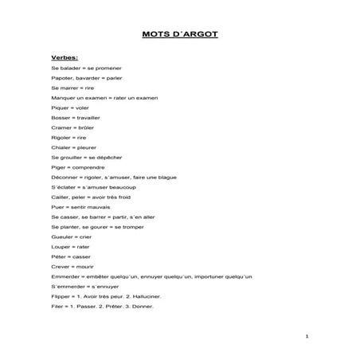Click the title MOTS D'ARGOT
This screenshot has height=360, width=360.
tap(179, 34)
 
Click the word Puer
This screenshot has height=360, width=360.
tap(57, 206)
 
